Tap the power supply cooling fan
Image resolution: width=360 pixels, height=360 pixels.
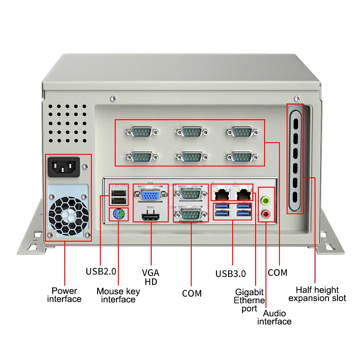point(68,215)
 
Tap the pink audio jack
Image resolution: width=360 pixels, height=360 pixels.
point(266,215)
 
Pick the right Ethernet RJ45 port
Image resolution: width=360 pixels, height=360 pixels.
point(243,194)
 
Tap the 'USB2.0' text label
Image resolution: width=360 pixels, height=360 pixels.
point(101,271)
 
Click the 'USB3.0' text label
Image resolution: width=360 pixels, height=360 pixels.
point(230,273)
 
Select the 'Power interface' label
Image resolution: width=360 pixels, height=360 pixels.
point(64,295)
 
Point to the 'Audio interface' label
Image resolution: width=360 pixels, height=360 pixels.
point(274,317)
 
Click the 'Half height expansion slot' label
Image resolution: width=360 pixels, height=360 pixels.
point(317,294)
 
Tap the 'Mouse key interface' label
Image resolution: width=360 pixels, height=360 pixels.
point(118,295)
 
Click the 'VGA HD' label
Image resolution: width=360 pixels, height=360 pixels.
point(150,277)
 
